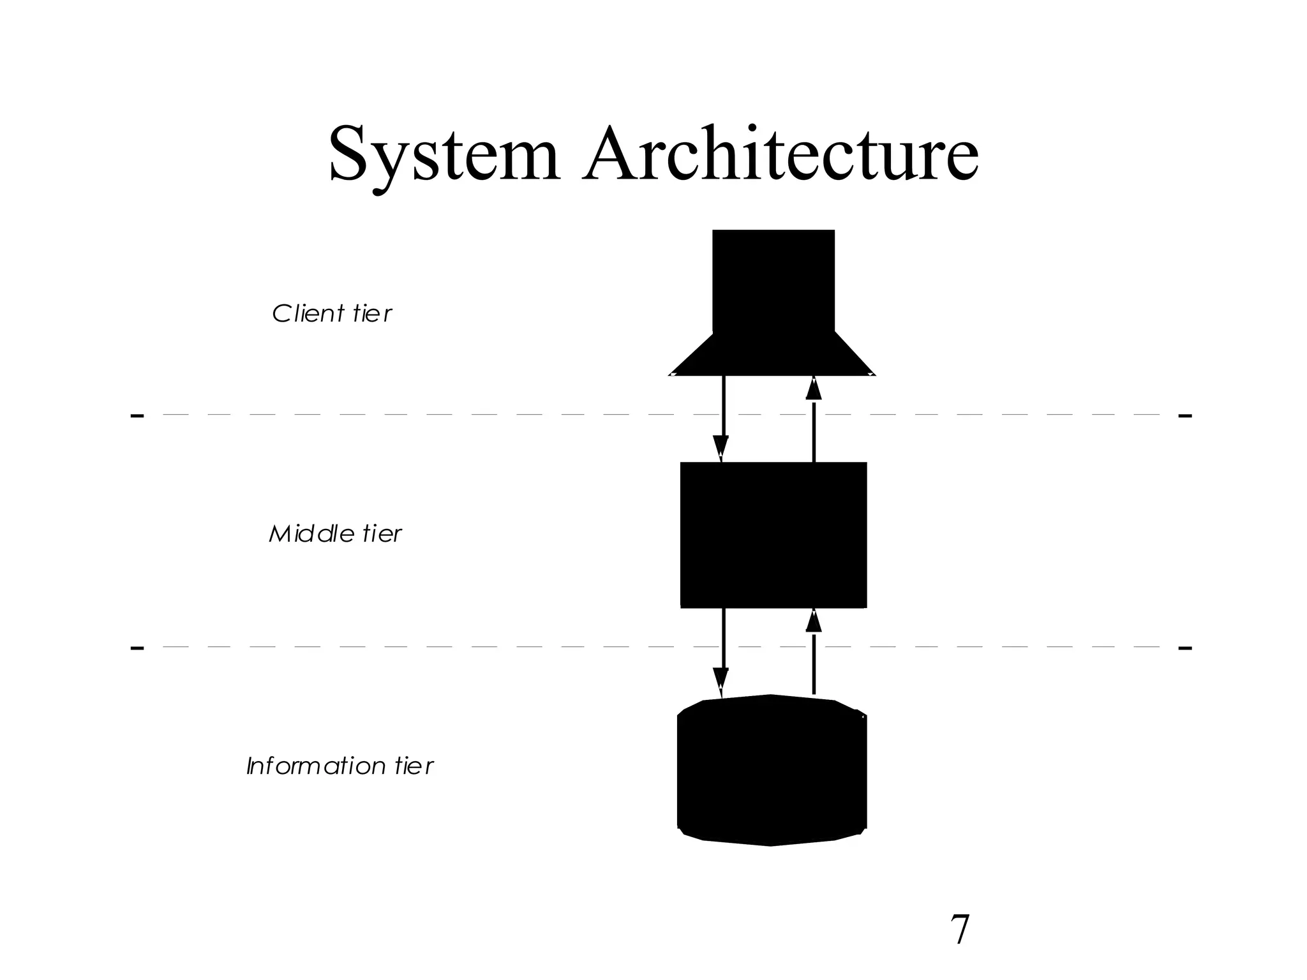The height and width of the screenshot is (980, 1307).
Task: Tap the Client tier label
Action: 332,314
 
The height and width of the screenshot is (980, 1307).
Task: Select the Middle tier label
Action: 335,534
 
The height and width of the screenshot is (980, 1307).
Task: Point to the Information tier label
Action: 340,766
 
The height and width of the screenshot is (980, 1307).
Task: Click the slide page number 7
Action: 959,930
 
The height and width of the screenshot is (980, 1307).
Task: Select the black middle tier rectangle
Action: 773,535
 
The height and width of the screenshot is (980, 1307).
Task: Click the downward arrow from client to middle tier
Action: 722,418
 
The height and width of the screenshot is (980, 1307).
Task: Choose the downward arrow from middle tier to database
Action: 722,651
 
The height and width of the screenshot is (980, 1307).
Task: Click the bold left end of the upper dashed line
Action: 137,416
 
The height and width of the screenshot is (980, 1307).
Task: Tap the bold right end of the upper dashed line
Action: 1184,416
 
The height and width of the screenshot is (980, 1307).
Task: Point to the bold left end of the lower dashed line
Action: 137,648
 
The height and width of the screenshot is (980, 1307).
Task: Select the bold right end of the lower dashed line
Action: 1184,648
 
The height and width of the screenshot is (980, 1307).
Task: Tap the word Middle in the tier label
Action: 311,534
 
